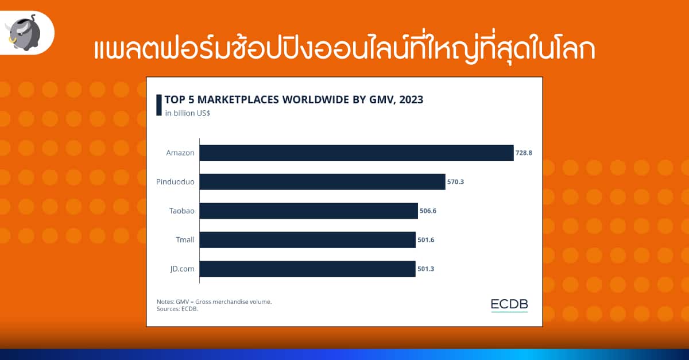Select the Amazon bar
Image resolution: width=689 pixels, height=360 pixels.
[x=357, y=153]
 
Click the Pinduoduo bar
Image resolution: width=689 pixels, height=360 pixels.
[x=322, y=181]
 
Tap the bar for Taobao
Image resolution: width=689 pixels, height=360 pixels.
[x=308, y=211]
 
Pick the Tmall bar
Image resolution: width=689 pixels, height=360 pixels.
[x=307, y=239]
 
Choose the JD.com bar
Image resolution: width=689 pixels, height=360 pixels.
[x=307, y=269]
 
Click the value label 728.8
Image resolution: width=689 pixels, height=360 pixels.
[x=524, y=153]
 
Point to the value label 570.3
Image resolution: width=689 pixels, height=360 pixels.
[x=455, y=181]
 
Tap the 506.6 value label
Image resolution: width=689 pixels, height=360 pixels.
[x=428, y=211]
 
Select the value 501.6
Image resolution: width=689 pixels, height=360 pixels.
[x=425, y=239]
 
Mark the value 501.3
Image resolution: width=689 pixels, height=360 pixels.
[x=425, y=269]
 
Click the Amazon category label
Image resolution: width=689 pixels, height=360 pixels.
[x=180, y=153]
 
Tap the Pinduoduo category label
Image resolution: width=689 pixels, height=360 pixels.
[x=175, y=181]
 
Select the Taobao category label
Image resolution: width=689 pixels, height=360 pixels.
[x=182, y=211]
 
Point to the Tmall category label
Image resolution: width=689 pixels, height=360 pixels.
[x=185, y=239]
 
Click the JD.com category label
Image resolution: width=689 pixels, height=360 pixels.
[x=183, y=269]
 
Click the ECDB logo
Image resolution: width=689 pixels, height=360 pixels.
[x=509, y=305]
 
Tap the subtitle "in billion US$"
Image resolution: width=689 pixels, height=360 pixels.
[x=188, y=113]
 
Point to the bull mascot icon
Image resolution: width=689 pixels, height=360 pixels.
[x=24, y=33]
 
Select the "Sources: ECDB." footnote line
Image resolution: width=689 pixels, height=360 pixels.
[x=177, y=309]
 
